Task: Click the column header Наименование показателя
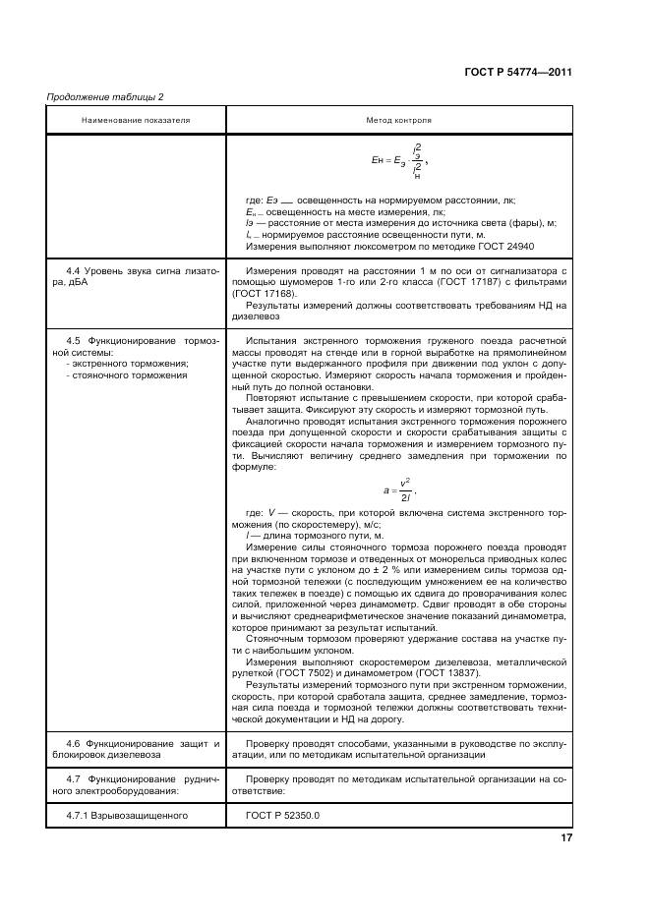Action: tap(136, 120)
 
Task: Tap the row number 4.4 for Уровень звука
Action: tap(73, 269)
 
